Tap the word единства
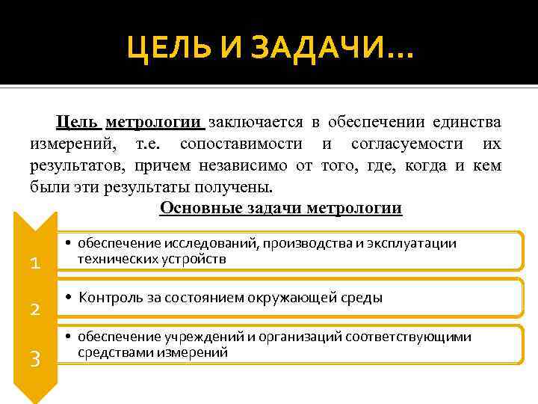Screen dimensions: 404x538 (x=467, y=122)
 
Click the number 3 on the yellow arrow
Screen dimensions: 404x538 (x=34, y=358)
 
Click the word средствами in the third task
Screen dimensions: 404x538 (x=114, y=352)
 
